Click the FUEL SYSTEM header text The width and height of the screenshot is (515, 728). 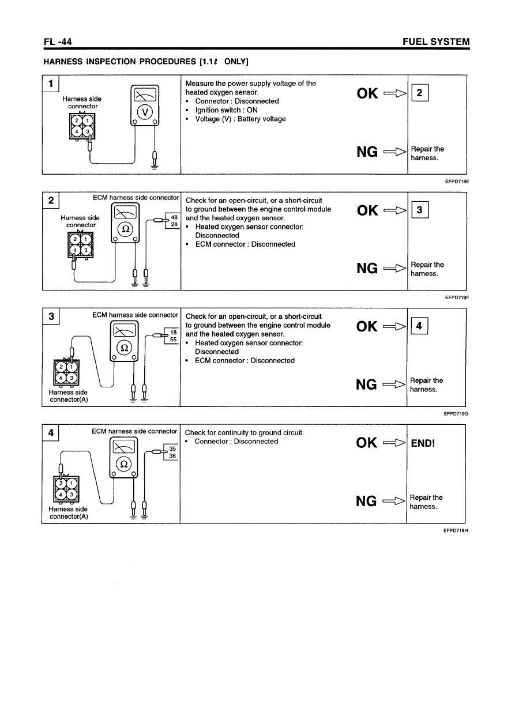437,42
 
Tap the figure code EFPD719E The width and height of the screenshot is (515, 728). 455,180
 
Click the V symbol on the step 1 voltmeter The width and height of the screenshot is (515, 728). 145,111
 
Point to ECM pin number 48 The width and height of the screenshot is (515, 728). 175,217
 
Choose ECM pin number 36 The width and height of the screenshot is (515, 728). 173,456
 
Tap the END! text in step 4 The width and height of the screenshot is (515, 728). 423,443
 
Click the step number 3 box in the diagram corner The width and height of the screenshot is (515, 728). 51,316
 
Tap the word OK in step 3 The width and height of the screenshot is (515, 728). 367,326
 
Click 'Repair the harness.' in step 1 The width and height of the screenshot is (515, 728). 427,153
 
